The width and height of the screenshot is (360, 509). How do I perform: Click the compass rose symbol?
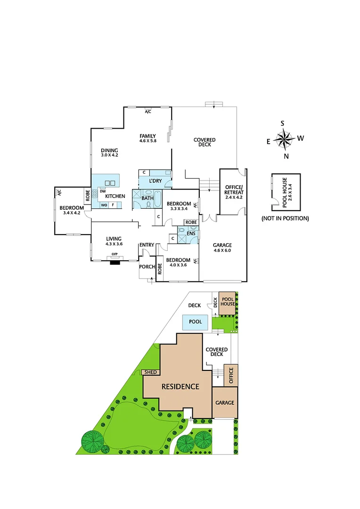pos(283,139)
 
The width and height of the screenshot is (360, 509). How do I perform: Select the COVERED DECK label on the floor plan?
pos(205,142)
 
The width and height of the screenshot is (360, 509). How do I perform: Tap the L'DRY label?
pos(155,181)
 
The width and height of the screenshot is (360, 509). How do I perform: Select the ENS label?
pos(191,233)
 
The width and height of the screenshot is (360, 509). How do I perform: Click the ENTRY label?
pos(147,245)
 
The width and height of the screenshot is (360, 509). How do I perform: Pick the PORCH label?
pos(147,267)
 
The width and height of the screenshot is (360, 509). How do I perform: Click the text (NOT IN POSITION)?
pos(285,218)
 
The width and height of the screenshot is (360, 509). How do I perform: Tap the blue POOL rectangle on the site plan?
pos(196,322)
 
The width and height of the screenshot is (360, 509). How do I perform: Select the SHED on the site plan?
pos(151,372)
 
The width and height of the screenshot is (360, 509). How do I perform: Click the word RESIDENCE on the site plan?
pos(180,387)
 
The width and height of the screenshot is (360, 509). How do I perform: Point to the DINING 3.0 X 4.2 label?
pos(109,152)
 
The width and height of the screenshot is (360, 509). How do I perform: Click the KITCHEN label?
pos(115,196)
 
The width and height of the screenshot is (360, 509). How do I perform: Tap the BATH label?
pos(147,198)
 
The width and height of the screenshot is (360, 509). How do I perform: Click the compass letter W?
pos(301,138)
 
